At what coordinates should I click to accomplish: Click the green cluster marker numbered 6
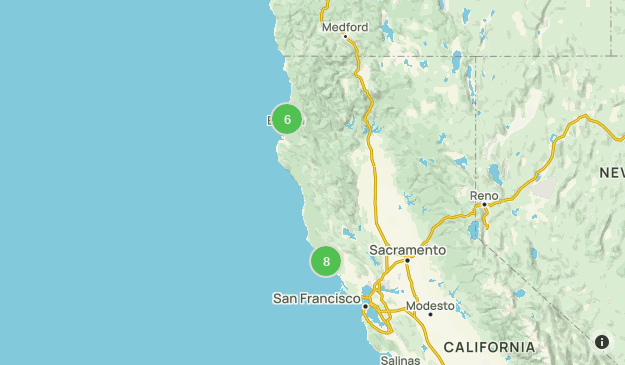(x=287, y=120)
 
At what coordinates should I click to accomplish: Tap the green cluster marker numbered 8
(x=326, y=261)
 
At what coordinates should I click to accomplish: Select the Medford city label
(x=345, y=27)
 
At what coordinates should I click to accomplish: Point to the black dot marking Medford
(x=345, y=37)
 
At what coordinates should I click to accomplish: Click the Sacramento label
(x=407, y=249)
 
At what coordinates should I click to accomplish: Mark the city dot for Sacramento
(x=407, y=260)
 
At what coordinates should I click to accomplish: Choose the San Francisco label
(x=316, y=298)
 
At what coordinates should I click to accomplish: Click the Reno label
(x=484, y=194)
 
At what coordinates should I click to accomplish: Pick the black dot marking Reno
(x=484, y=204)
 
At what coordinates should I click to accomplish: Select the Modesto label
(x=430, y=305)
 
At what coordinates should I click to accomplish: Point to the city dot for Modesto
(x=430, y=315)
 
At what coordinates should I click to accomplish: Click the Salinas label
(x=400, y=359)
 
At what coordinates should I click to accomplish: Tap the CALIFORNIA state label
(x=489, y=347)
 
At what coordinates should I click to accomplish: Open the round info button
(x=602, y=342)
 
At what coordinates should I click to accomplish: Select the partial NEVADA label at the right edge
(x=611, y=173)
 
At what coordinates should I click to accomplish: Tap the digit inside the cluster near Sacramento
(x=326, y=261)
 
